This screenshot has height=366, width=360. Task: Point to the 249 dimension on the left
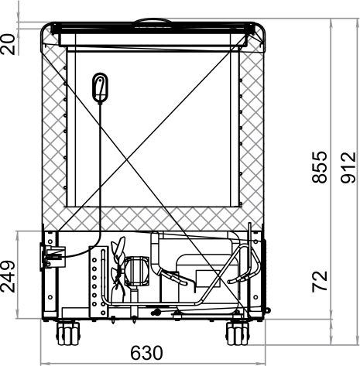pos(9,275)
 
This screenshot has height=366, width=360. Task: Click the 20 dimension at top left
pos(9,43)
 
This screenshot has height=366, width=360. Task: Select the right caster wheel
pos(237,334)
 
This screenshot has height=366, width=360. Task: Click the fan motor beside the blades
pos(137,269)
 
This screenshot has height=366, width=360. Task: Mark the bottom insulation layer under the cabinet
pos(155,218)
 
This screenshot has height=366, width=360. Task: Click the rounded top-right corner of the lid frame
pos(259,31)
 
